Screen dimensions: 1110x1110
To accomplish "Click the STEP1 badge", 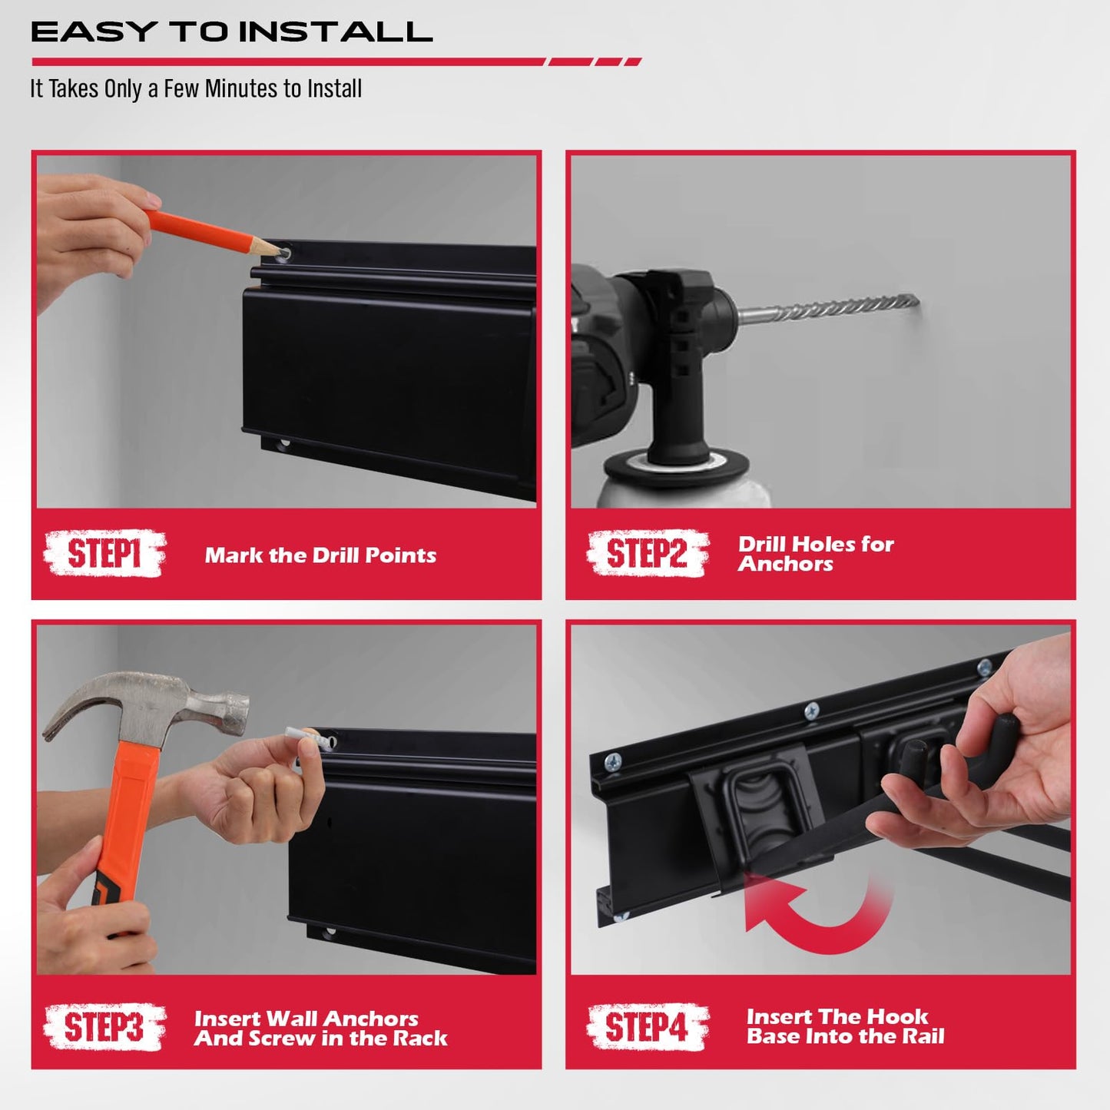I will (104, 553).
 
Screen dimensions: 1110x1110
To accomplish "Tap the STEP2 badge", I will (647, 553).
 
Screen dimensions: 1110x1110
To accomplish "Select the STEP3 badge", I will (104, 1027).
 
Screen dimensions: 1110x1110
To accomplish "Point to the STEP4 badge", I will (647, 1027).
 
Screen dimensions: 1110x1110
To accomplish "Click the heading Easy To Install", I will (231, 32).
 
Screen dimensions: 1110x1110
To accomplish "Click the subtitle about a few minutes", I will (196, 89).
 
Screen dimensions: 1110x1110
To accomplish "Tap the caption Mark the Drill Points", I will (320, 555).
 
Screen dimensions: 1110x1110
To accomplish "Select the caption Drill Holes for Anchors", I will (815, 554).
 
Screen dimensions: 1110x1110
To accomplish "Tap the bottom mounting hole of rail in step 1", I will (283, 444).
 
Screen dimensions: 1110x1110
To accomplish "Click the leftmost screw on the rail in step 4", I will (612, 761).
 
